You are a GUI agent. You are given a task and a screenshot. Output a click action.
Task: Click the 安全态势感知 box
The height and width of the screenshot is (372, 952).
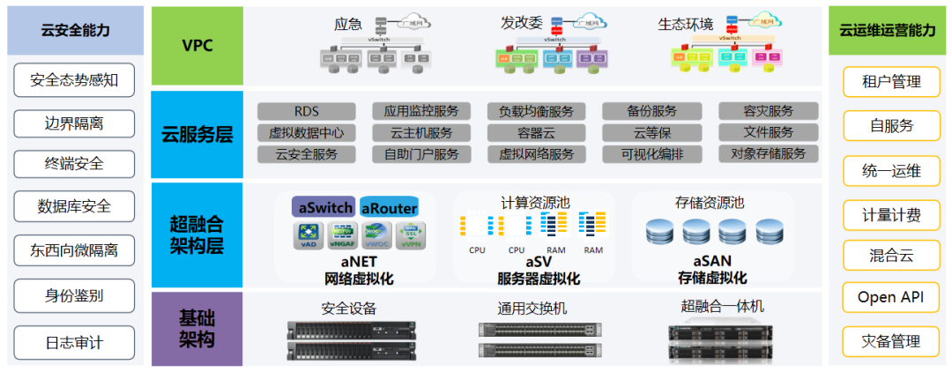pyautogui.click(x=74, y=81)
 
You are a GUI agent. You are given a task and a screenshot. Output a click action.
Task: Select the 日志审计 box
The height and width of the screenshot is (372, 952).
pyautogui.click(x=74, y=342)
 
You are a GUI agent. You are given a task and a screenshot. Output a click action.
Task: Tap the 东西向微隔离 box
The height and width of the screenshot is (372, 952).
pyautogui.click(x=74, y=250)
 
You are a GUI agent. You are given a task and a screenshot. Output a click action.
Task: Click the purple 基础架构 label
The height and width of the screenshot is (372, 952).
pyautogui.click(x=197, y=329)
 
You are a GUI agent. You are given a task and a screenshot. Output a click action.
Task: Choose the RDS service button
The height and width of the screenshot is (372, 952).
pyautogui.click(x=306, y=111)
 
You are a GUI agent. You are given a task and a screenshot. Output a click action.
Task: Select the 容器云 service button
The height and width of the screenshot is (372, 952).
pyautogui.click(x=536, y=133)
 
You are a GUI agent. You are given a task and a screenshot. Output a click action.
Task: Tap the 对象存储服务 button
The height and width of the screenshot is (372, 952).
pyautogui.click(x=768, y=154)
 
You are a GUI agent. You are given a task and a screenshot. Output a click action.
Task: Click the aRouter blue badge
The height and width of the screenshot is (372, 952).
pyautogui.click(x=389, y=207)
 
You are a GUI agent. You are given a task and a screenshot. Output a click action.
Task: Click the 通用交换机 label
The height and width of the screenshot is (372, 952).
pyautogui.click(x=533, y=308)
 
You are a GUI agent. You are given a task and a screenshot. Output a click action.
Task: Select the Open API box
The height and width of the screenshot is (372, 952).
pyautogui.click(x=890, y=298)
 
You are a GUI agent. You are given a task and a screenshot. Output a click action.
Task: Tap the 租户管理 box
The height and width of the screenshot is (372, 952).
pyautogui.click(x=890, y=82)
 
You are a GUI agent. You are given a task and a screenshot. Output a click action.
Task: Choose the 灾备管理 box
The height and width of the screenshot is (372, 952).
pyautogui.click(x=890, y=341)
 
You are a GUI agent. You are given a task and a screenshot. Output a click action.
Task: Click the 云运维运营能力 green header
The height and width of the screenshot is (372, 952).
pyautogui.click(x=889, y=31)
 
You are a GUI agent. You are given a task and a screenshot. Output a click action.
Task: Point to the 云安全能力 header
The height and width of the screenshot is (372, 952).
pyautogui.click(x=75, y=31)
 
